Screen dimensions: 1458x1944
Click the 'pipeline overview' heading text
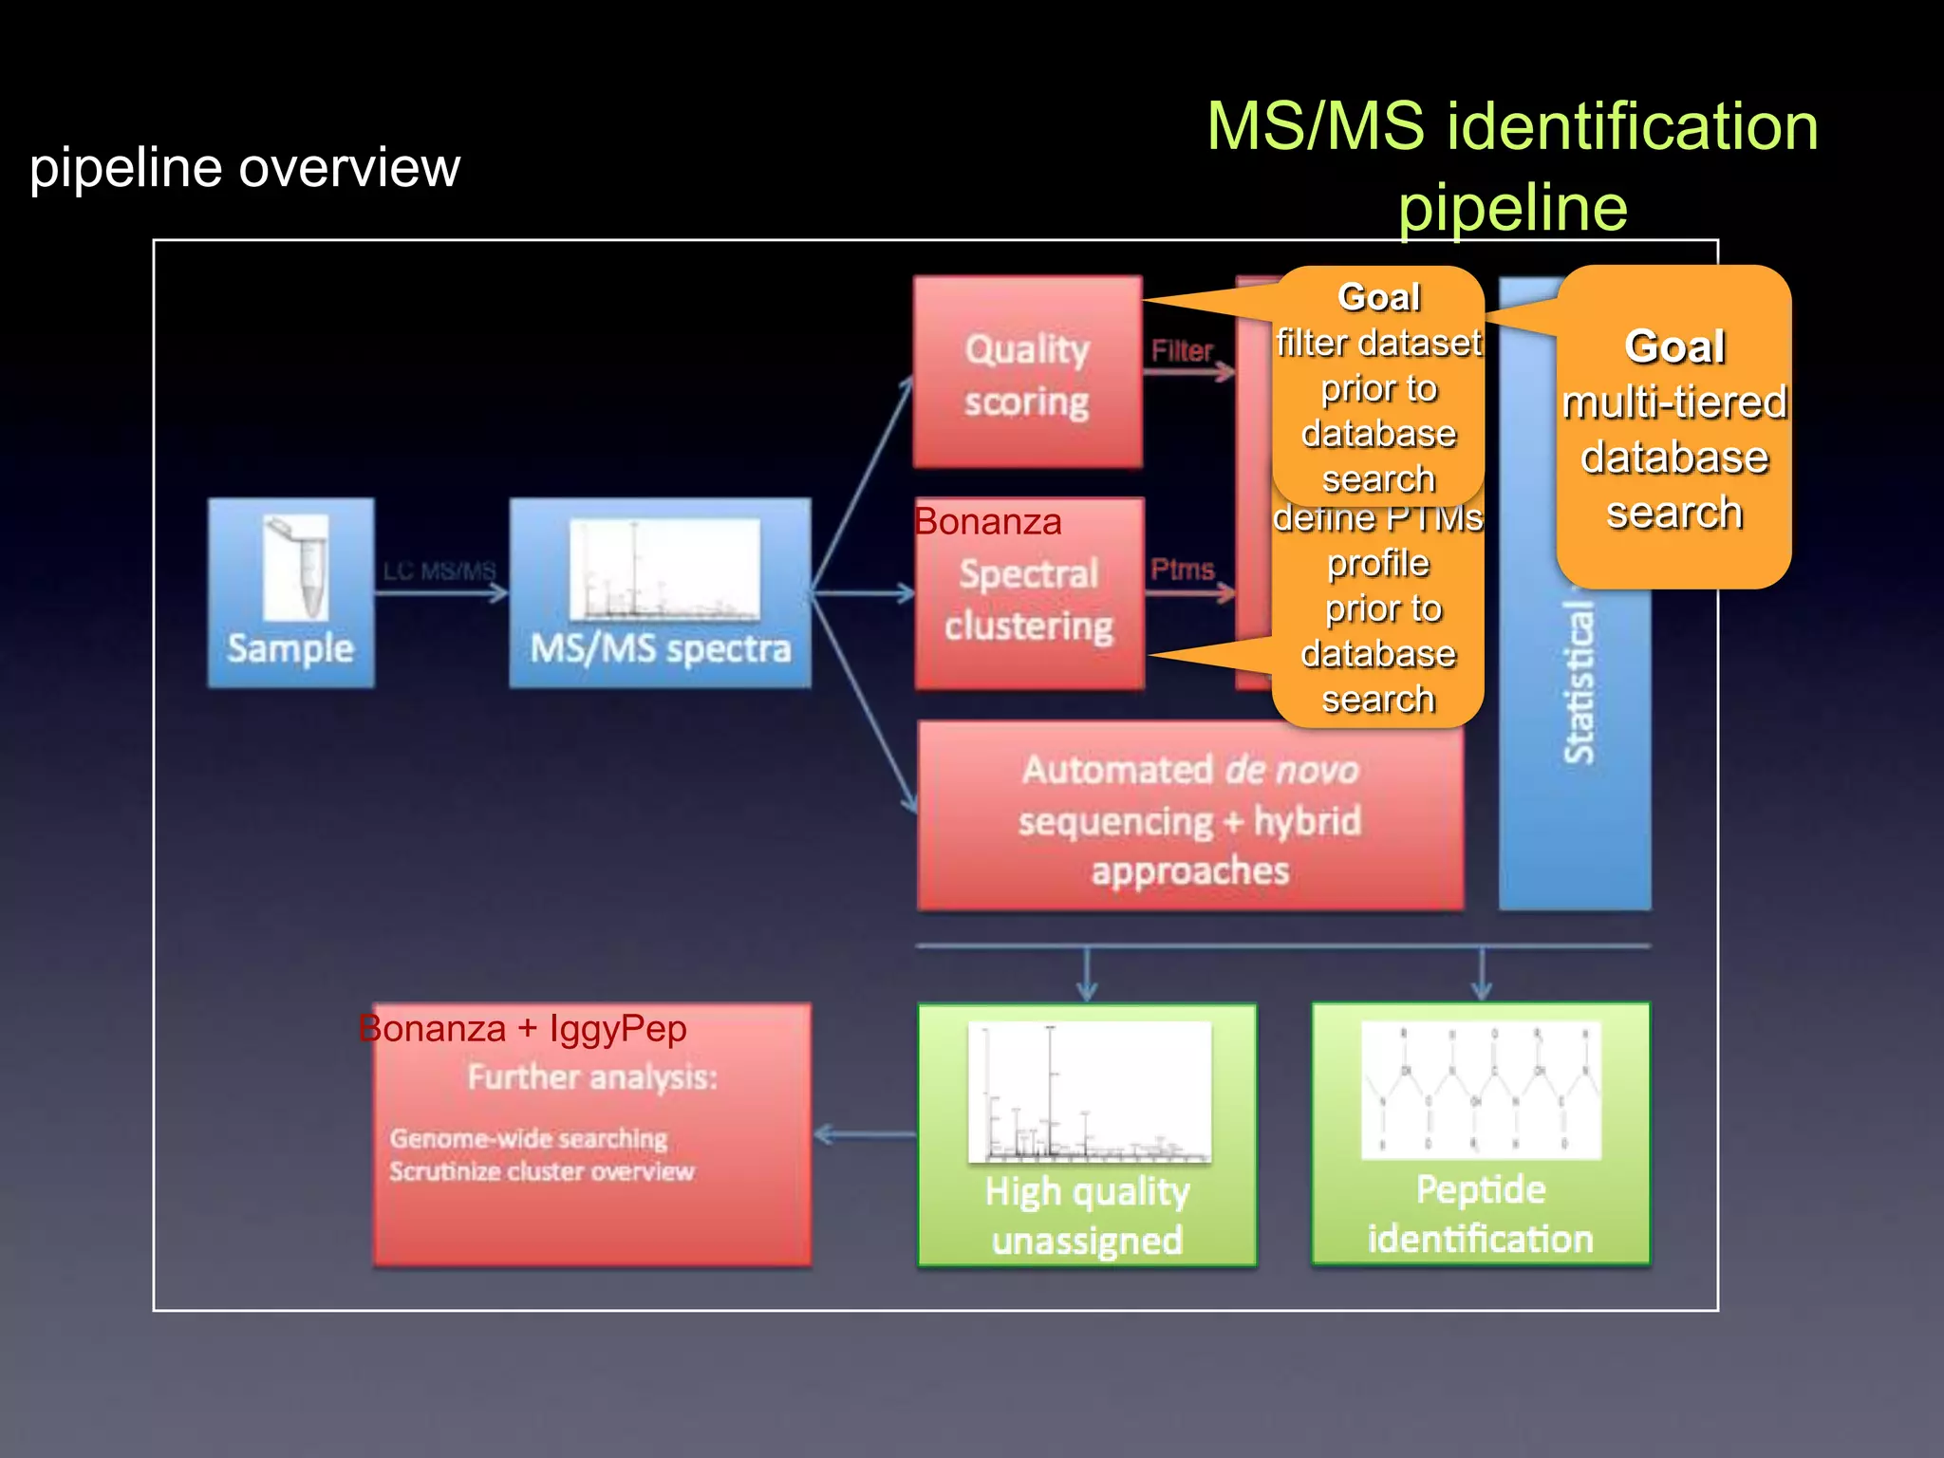click(x=245, y=168)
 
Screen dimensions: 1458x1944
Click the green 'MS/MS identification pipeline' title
click(x=1512, y=166)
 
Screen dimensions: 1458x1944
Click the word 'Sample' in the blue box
click(x=290, y=649)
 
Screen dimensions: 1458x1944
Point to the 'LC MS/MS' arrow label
click(x=439, y=570)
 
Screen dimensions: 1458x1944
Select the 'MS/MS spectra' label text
click(x=660, y=649)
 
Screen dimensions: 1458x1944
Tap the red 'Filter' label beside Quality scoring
click(x=1182, y=351)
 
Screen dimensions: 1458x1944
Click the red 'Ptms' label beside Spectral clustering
click(x=1182, y=570)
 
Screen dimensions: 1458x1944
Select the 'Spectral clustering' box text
click(x=1029, y=601)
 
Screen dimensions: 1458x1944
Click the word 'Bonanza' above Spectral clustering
click(x=988, y=522)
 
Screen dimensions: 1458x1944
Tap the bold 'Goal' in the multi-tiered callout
click(x=1674, y=346)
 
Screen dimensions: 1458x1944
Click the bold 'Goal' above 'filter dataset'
click(x=1378, y=297)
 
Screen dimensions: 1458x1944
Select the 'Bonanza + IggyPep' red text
click(x=523, y=1029)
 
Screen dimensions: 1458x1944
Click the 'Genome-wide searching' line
click(x=529, y=1138)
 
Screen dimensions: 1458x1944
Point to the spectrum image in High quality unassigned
click(x=1089, y=1093)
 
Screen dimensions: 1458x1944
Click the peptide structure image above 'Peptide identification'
click(x=1481, y=1090)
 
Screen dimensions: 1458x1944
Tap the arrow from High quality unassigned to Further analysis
click(x=864, y=1134)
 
